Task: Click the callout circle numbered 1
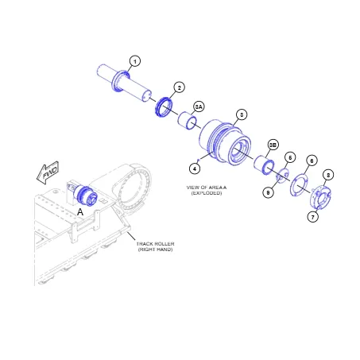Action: [x=135, y=61]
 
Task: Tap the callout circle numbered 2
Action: [x=180, y=87]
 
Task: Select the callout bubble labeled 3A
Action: [x=199, y=106]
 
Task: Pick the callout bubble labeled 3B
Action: [x=273, y=145]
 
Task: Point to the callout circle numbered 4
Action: [x=194, y=168]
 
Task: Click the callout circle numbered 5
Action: [x=290, y=157]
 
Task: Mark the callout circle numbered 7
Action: [x=312, y=216]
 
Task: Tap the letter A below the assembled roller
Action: [x=80, y=212]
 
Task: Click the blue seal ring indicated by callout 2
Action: [x=165, y=105]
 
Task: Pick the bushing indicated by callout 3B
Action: [x=263, y=166]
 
